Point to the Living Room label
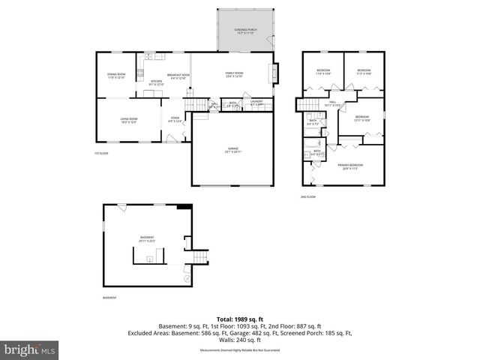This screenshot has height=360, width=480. [x=129, y=120]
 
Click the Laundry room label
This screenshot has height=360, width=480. [x=256, y=103]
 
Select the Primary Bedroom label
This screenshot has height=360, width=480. [x=350, y=166]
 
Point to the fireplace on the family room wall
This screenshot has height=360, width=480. [x=273, y=73]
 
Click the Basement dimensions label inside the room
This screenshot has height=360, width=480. [x=146, y=239]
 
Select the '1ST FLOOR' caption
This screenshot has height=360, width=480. [x=102, y=154]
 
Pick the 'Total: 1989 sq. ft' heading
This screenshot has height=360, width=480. [x=239, y=319]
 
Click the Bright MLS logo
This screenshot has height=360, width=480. [x=29, y=349]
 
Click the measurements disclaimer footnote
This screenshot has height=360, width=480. [x=239, y=350]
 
